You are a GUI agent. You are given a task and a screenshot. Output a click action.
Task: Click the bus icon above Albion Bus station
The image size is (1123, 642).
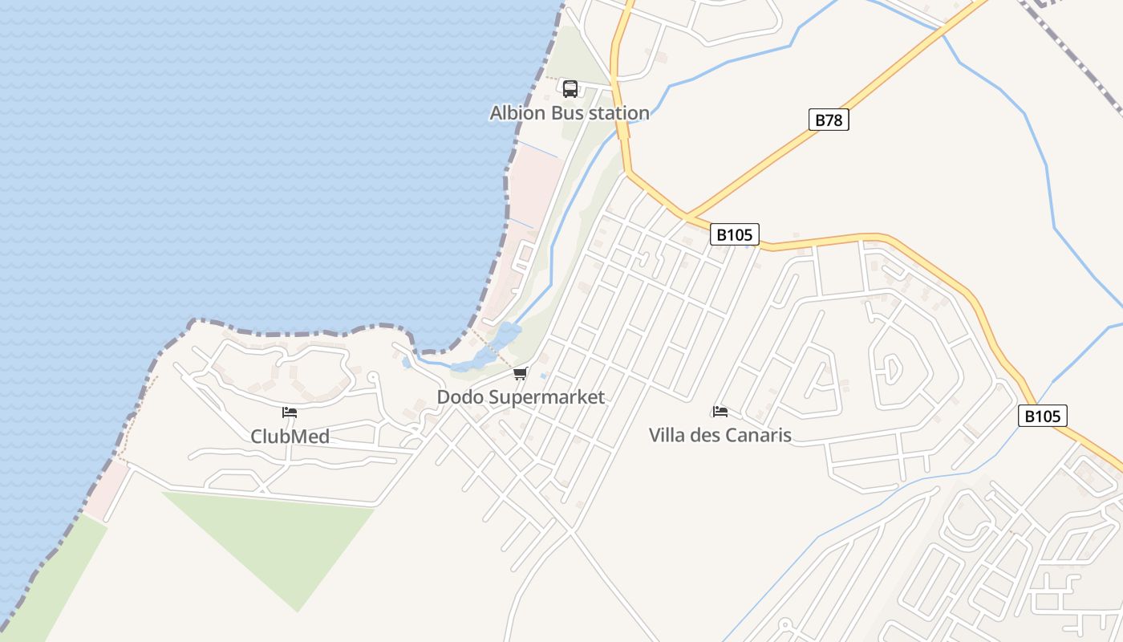tap(570, 88)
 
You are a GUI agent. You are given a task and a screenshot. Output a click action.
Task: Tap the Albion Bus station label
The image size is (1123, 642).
tap(570, 113)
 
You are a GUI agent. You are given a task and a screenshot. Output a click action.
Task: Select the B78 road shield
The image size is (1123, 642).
tap(829, 120)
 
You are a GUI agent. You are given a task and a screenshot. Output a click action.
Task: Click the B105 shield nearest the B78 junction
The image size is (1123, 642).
tap(734, 235)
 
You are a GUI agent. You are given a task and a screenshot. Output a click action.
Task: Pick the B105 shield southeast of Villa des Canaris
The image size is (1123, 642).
tap(1043, 416)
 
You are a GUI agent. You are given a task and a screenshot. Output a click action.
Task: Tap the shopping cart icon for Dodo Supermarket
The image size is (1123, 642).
tap(521, 374)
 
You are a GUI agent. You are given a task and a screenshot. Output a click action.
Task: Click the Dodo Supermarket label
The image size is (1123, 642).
tap(521, 397)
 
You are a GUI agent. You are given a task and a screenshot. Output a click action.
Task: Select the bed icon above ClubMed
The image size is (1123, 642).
tap(290, 412)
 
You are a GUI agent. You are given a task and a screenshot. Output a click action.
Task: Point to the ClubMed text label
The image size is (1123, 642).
tap(290, 437)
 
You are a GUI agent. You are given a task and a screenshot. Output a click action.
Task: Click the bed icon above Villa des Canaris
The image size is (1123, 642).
tap(720, 412)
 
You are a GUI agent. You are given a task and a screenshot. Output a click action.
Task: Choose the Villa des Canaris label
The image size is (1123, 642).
tap(720, 436)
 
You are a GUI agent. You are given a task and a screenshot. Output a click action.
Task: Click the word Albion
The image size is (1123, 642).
tap(519, 113)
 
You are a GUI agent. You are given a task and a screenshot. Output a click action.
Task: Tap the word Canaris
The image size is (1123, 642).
tap(759, 436)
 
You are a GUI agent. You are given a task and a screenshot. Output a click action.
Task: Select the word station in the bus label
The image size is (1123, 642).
tap(618, 113)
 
